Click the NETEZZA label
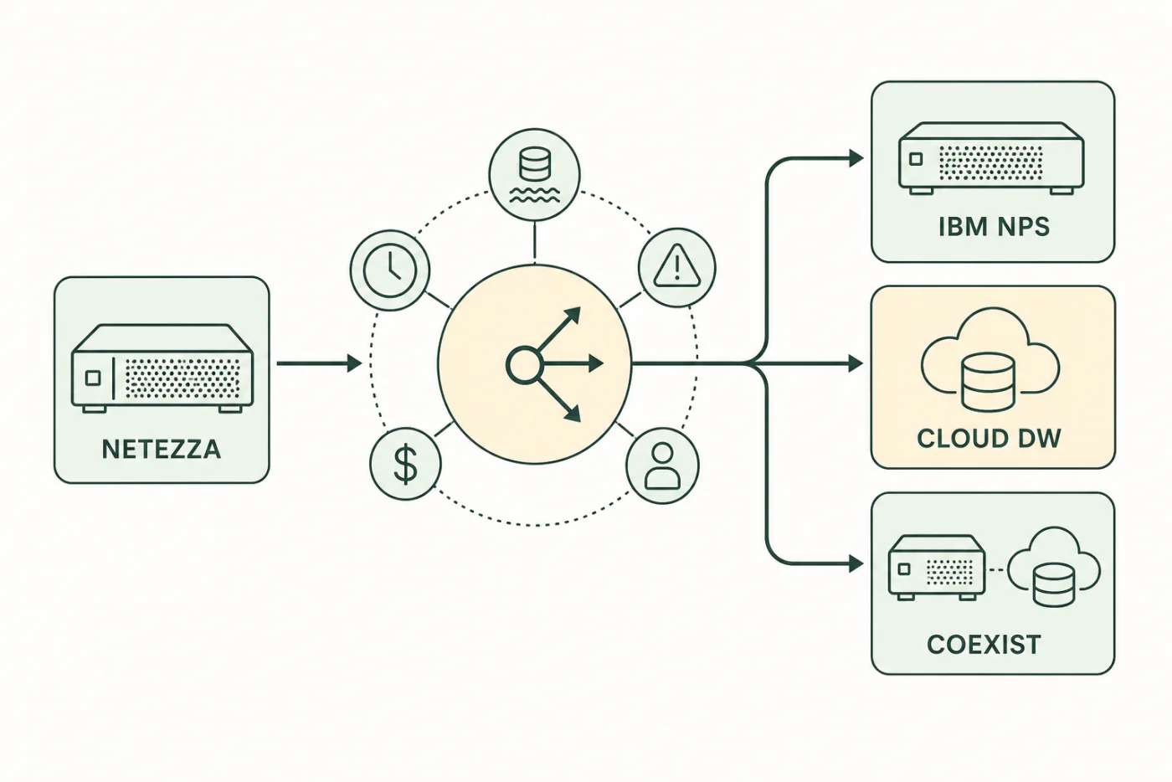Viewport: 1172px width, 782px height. pos(161,450)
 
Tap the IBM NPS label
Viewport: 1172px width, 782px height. pos(995,227)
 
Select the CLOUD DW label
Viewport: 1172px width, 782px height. pos(989,438)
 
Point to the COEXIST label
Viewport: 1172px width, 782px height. pos(984,645)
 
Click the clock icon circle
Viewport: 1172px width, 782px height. pos(390,270)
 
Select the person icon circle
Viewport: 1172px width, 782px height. pos(662,466)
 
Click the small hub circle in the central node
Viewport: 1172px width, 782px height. pos(523,364)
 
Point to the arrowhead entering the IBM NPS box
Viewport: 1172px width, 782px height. pos(856,157)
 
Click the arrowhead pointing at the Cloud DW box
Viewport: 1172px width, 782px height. pos(856,363)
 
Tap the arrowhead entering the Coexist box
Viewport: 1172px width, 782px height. pos(856,563)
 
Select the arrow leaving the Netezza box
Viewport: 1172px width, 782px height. pos(319,363)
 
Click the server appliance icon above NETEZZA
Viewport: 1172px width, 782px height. pos(162,368)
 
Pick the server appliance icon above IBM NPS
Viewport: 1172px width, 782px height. pos(991,158)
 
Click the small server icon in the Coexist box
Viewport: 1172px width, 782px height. pos(937,568)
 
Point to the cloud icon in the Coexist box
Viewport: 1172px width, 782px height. pos(1054,567)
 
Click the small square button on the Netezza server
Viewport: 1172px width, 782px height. pos(93,378)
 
